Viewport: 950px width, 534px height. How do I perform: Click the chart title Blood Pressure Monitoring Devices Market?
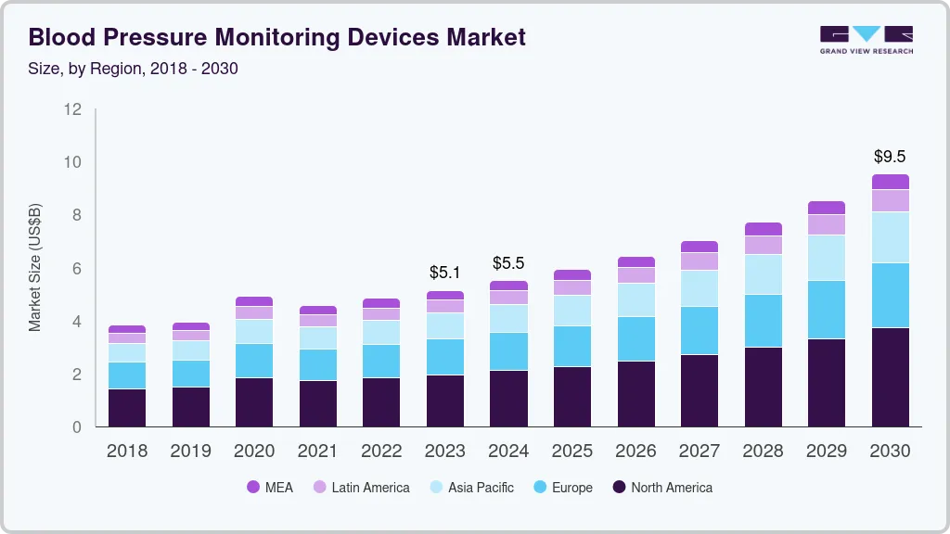(x=276, y=37)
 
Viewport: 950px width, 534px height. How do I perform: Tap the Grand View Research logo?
(x=866, y=40)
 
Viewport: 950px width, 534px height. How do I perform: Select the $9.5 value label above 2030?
(x=890, y=156)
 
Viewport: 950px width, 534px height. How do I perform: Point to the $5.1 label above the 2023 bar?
(x=445, y=273)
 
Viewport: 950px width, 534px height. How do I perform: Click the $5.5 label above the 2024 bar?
(x=508, y=263)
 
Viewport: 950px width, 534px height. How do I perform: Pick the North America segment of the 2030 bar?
(x=890, y=376)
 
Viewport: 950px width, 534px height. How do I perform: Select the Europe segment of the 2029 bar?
(x=827, y=310)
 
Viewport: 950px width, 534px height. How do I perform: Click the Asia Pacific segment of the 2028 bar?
(x=763, y=274)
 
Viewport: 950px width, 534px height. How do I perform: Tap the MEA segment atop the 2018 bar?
(x=127, y=329)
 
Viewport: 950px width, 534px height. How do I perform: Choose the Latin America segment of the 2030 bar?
(x=890, y=200)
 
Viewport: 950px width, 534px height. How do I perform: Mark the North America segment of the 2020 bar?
(x=254, y=401)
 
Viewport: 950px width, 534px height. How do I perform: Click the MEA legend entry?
(x=270, y=488)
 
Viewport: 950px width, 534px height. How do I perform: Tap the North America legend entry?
(x=662, y=488)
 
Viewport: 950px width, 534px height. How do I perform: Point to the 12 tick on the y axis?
(x=72, y=109)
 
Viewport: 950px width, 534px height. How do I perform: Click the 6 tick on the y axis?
(x=77, y=269)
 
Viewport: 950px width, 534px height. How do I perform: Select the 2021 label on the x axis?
(x=318, y=451)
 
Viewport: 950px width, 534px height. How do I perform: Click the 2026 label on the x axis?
(x=635, y=451)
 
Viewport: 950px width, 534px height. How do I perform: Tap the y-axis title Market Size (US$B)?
(x=35, y=267)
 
